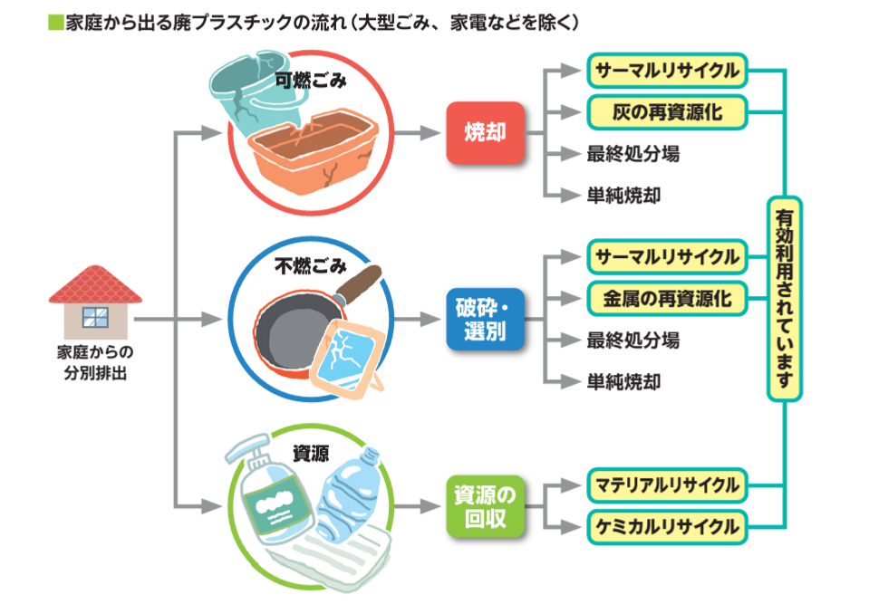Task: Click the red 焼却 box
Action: [485, 133]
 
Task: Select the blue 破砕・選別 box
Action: [485, 320]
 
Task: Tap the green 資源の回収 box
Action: [485, 506]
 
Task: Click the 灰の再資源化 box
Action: [667, 112]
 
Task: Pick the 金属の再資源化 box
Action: [667, 299]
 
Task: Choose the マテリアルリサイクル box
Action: [667, 485]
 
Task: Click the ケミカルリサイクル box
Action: [667, 527]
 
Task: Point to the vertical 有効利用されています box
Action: [784, 299]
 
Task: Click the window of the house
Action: [95, 317]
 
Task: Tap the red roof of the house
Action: [95, 284]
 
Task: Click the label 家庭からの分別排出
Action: [95, 362]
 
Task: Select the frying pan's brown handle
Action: [357, 283]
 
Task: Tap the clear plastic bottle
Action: [347, 495]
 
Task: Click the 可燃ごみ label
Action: [311, 81]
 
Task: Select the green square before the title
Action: [55, 22]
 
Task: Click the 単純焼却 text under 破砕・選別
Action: [623, 381]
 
